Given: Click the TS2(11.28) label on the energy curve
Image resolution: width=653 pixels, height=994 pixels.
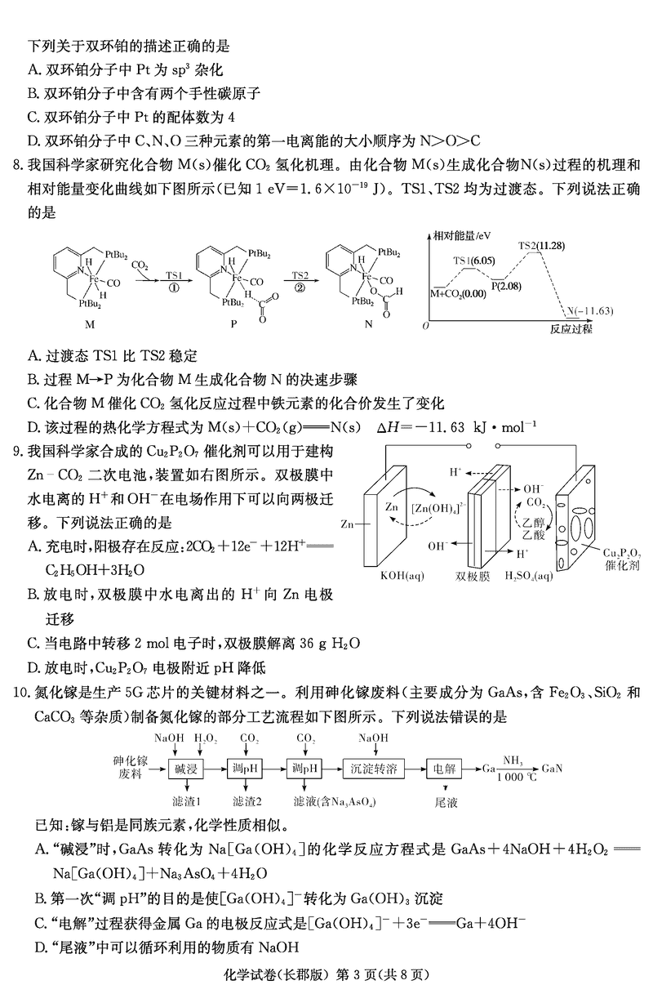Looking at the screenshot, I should [543, 245].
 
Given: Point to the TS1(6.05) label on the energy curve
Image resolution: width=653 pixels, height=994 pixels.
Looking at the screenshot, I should [473, 261].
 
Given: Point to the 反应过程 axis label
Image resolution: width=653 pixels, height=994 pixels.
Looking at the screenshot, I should [571, 328].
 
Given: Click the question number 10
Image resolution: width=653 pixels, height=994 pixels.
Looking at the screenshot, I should [18, 693].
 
